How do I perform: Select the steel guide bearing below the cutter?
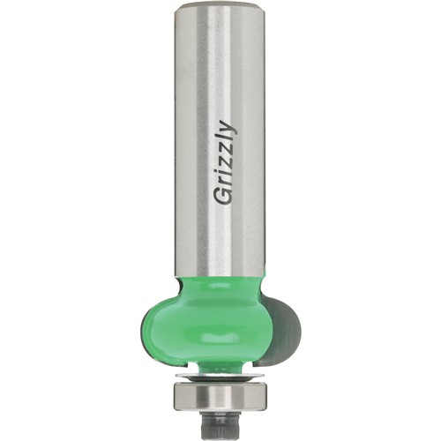tap(219, 394)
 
